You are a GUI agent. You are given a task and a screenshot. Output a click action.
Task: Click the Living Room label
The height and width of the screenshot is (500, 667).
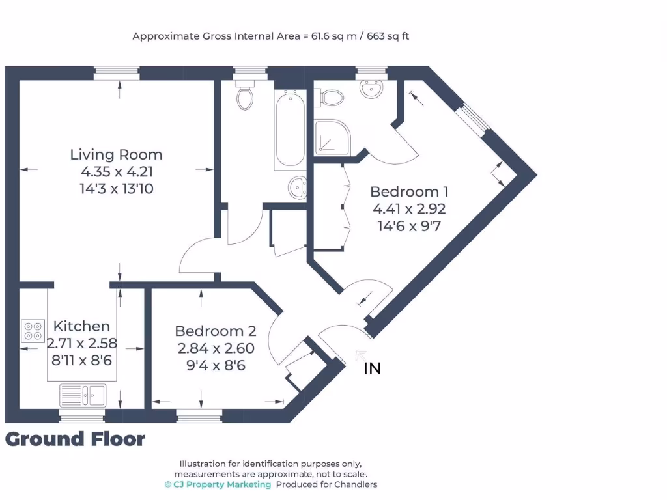(x=116, y=155)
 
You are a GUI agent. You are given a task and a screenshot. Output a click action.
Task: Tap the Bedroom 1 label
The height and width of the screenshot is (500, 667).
(x=409, y=192)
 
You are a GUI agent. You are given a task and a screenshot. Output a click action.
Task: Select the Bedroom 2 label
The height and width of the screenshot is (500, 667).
(x=216, y=331)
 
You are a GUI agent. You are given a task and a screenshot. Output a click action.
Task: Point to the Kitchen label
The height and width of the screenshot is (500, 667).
(x=81, y=326)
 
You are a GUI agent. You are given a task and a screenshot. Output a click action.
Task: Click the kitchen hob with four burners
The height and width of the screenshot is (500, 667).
(x=33, y=331)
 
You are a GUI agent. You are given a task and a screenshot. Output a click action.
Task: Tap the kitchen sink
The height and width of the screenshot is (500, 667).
(x=83, y=395)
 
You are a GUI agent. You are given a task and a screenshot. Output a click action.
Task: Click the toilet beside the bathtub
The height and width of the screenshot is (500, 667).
(x=246, y=96)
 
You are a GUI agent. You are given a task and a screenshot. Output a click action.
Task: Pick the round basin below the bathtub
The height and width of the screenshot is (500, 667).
(x=296, y=188)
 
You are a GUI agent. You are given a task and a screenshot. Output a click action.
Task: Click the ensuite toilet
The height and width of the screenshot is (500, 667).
(x=330, y=98)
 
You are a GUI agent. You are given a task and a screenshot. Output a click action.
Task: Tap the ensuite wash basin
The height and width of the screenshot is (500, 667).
(x=373, y=89)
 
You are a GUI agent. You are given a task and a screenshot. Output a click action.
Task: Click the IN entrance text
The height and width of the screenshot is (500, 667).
(x=372, y=369)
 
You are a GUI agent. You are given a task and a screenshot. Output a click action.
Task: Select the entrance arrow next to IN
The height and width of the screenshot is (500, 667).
(x=360, y=355)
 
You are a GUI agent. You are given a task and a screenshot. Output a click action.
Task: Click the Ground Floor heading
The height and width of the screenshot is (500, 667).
(x=75, y=439)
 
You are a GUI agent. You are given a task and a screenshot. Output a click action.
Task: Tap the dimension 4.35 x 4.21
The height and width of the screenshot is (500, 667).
(x=116, y=173)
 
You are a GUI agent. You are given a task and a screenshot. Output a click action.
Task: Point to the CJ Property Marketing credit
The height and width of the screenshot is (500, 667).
(x=218, y=484)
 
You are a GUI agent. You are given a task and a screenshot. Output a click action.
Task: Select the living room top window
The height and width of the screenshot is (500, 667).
(x=117, y=73)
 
